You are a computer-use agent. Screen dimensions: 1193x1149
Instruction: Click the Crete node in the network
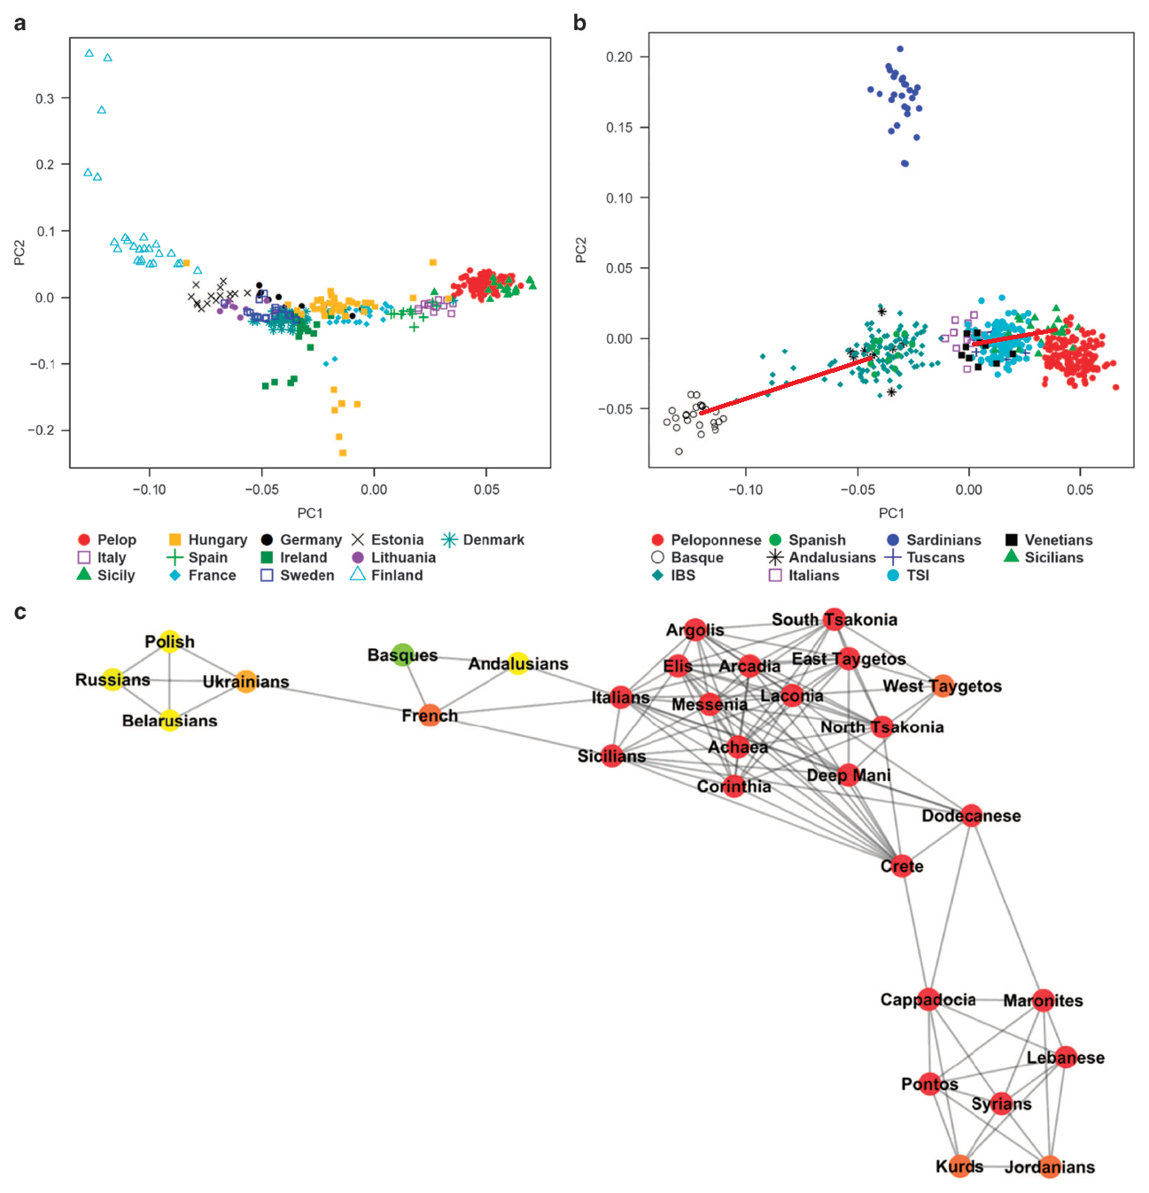click(901, 866)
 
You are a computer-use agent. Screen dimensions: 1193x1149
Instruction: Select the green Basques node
click(403, 655)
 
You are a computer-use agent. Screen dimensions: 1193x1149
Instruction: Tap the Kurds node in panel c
click(959, 1166)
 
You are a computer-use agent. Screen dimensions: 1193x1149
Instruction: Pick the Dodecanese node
click(972, 816)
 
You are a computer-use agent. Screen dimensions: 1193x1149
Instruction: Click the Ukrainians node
click(246, 681)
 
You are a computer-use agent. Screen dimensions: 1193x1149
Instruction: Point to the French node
click(430, 716)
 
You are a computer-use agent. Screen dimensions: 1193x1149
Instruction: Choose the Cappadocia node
click(928, 1000)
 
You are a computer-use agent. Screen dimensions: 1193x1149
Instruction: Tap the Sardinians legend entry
click(934, 539)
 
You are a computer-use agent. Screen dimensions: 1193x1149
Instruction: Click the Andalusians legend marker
click(775, 557)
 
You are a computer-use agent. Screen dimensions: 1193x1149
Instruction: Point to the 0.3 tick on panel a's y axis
click(45, 98)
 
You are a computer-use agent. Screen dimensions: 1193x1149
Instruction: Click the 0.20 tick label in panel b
click(619, 57)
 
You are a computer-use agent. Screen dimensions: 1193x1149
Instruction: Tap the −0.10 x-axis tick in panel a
click(149, 489)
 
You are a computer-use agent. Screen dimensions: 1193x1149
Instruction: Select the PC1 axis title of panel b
click(891, 513)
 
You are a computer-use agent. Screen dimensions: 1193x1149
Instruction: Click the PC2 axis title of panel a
click(19, 252)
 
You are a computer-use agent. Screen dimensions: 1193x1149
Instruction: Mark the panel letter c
click(19, 612)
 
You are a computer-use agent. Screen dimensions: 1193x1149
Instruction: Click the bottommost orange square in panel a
click(343, 453)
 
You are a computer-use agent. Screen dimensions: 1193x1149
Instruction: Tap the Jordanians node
click(1049, 1166)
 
